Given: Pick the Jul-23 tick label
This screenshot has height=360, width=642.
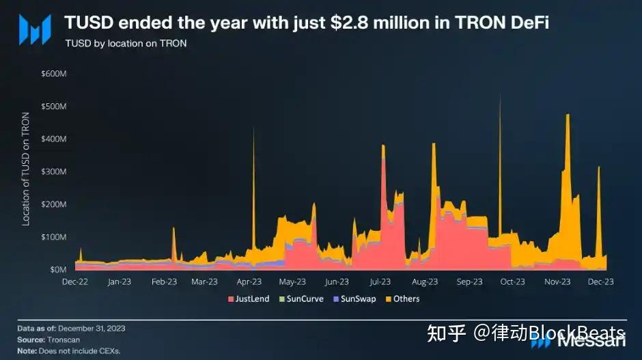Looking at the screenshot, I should [380, 281].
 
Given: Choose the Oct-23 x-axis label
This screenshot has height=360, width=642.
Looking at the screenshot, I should [512, 281].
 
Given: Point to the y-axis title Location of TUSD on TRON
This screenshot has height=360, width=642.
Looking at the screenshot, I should [26, 169].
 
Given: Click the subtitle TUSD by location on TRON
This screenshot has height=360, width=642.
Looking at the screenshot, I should [126, 44].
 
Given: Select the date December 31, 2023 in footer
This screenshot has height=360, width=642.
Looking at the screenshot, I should [92, 329].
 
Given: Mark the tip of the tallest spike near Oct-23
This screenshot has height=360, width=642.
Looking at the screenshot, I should [500, 94].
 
